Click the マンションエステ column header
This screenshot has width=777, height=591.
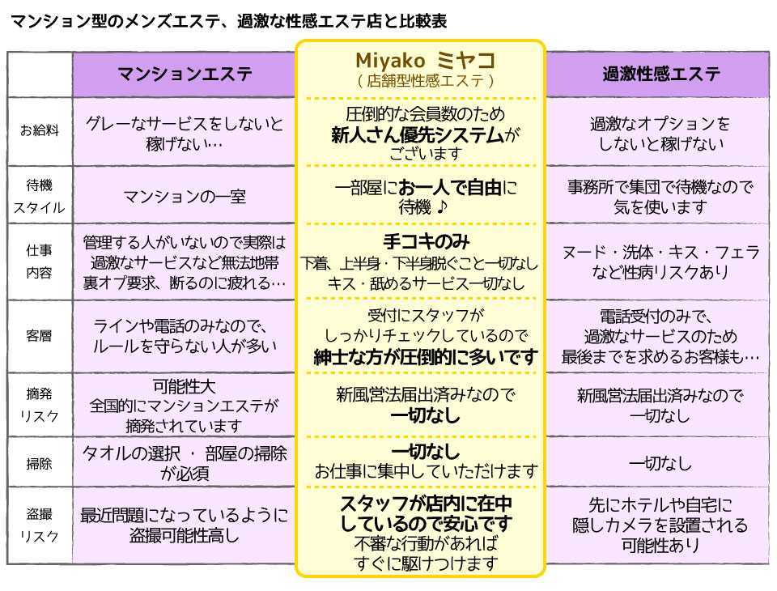(x=185, y=75)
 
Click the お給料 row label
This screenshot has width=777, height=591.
(x=40, y=130)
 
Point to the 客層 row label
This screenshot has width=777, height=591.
(x=40, y=334)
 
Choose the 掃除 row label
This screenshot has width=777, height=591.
(x=40, y=464)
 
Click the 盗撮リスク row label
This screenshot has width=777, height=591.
(x=40, y=525)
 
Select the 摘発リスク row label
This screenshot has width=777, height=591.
(x=40, y=404)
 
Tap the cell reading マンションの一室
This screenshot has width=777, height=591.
(x=185, y=197)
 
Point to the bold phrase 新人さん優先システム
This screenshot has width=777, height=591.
(x=417, y=134)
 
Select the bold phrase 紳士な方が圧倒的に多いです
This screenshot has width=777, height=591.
(x=426, y=356)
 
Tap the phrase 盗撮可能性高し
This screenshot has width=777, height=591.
(x=185, y=534)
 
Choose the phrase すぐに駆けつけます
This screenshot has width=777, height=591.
(x=426, y=563)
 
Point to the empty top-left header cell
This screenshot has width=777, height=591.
(x=40, y=75)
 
